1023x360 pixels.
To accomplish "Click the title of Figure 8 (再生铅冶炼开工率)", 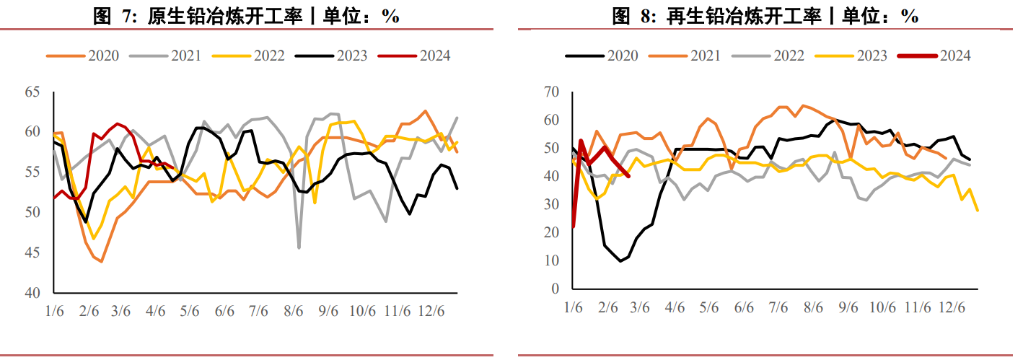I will (765, 16).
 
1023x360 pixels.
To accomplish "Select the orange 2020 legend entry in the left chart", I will (82, 56).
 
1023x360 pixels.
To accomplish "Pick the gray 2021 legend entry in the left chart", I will (165, 56).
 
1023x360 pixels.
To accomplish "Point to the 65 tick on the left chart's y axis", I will (32, 92).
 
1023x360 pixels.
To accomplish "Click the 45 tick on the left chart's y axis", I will (32, 253).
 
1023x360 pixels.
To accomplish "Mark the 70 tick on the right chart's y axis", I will (552, 92).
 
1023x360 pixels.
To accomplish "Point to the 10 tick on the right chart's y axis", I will (552, 260).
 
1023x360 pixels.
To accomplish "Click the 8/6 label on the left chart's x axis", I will (293, 312).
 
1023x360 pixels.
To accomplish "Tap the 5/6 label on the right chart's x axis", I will (709, 308).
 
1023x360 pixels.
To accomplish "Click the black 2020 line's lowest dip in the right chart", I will (620, 261).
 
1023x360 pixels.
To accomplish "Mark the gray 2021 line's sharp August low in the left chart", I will (299, 247).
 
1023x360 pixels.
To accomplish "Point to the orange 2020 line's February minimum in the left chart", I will (102, 261).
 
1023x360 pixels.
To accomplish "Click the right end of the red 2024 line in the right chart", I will (629, 175).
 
